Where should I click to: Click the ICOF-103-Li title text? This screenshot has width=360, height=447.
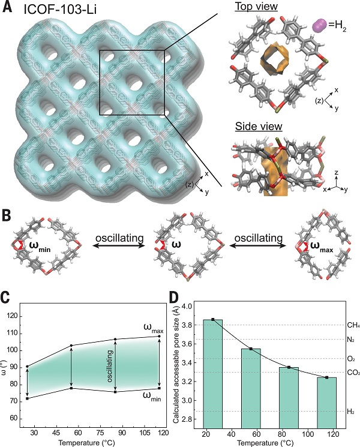coord(60,10)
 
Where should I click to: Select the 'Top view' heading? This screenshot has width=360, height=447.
coord(256,7)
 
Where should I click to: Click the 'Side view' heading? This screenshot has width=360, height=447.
coord(259,126)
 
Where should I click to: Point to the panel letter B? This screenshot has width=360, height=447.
coord(7,216)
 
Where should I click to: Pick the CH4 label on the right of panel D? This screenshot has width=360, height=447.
coord(353,325)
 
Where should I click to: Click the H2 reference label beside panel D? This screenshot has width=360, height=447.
coord(350,411)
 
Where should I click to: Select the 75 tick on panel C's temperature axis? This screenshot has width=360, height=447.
coord(100,433)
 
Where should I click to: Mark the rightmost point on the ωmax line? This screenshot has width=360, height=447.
coord(159,337)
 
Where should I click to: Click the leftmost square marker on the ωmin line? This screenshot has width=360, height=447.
coord(28,398)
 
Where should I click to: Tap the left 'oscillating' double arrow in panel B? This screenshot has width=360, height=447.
coord(119,246)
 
